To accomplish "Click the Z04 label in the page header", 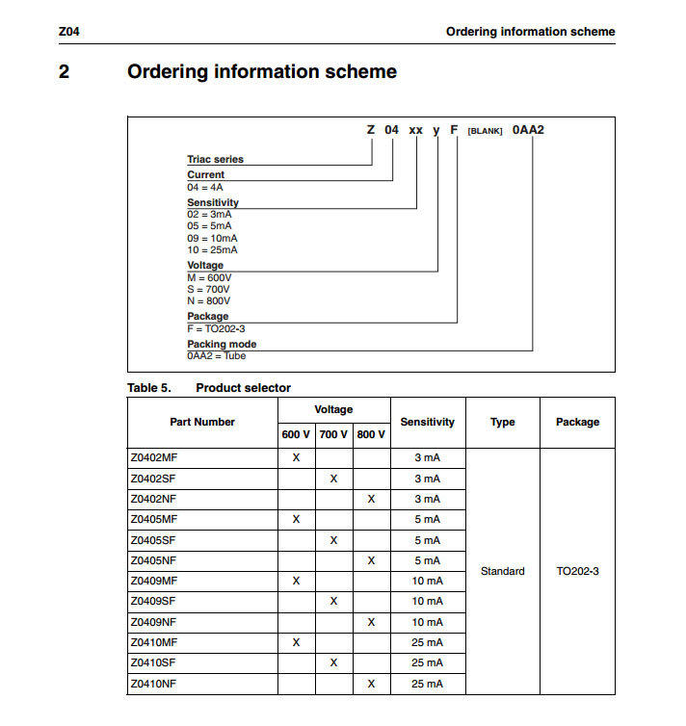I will pos(68,32).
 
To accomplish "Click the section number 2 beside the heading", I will pos(65,71).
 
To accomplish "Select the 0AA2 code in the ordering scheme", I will pos(528,130).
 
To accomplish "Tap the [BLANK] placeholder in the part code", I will pos(486,131).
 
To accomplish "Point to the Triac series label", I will pos(215,159).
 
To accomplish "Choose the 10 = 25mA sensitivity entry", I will pos(212,249).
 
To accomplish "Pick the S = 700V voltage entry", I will pos(209,289).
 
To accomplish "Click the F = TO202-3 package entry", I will pos(216,328).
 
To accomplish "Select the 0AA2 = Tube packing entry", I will pos(216,356).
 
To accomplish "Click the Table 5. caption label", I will pos(148,388).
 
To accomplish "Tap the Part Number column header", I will pos(202,422).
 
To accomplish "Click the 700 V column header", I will pos(333,434).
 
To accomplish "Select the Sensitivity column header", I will pos(428,422).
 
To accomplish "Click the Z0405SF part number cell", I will pos(154,540).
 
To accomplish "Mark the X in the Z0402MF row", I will pos(296,457).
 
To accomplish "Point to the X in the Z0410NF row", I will pos(371,684).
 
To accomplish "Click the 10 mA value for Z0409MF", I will pos(428,581).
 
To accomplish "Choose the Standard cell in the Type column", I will pos(502,571).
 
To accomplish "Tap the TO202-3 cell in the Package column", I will pos(578,571).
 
